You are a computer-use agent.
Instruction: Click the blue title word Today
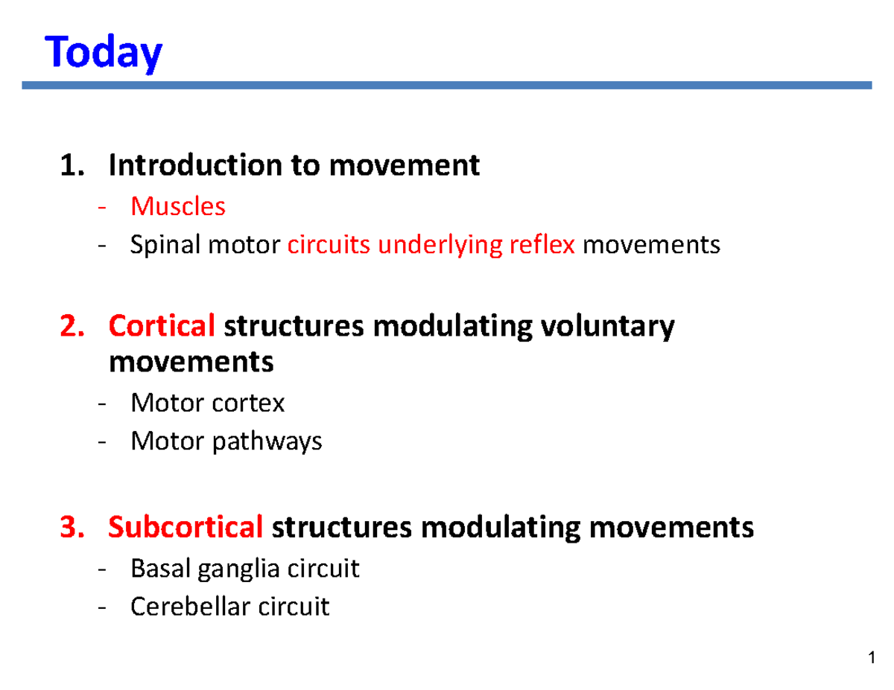104,54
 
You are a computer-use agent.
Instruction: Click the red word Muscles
177,206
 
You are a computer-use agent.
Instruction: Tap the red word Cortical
162,326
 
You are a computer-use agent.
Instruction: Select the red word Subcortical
186,528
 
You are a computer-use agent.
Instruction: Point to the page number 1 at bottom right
870,659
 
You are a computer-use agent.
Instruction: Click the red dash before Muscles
102,208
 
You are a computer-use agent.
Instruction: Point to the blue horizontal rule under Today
447,86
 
